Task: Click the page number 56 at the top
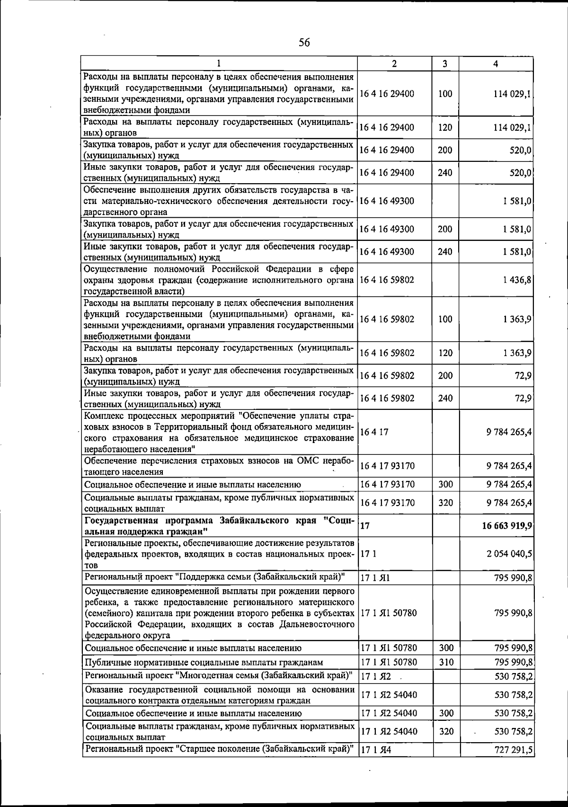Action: click(x=304, y=43)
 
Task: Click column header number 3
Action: click(x=445, y=64)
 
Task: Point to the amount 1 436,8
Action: click(x=517, y=280)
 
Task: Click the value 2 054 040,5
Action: click(x=509, y=554)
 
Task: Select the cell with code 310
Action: click(x=445, y=662)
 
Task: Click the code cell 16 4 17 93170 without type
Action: click(x=387, y=466)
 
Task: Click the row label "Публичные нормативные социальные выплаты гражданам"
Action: click(x=204, y=662)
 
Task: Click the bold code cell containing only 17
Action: click(x=365, y=525)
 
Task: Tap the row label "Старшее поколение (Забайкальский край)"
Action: click(x=219, y=749)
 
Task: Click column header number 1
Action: click(x=219, y=64)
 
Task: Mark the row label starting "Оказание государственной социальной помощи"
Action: click(x=219, y=695)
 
